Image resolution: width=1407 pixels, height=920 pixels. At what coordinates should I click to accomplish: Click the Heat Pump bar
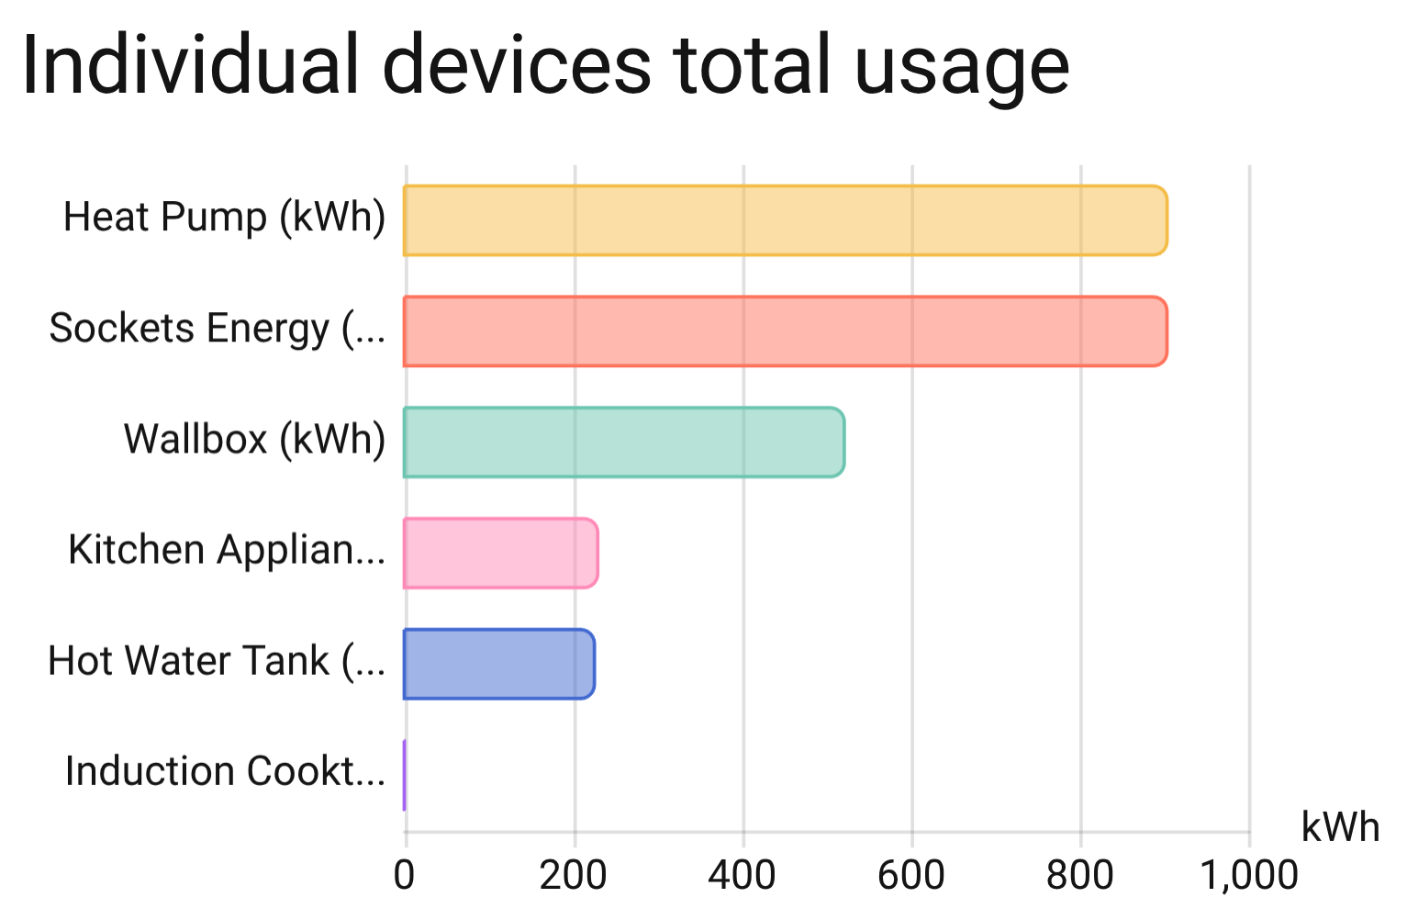(785, 220)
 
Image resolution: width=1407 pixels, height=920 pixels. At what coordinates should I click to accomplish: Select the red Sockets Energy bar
(785, 331)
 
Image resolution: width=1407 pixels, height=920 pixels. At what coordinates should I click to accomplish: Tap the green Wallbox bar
(624, 443)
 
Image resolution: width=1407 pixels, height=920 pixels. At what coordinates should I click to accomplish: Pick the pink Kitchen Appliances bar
(501, 553)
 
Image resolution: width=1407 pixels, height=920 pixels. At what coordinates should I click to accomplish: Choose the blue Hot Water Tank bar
(499, 664)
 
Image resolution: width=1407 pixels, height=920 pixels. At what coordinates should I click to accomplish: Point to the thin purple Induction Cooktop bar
(404, 775)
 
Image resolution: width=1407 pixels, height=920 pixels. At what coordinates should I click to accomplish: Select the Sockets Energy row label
(217, 329)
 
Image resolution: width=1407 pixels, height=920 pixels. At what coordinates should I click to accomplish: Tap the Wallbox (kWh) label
(254, 440)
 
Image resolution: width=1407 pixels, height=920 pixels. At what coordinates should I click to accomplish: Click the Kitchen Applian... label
(226, 550)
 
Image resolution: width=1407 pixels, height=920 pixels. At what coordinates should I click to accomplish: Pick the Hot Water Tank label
(217, 661)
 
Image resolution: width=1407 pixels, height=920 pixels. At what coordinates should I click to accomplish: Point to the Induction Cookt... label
(225, 771)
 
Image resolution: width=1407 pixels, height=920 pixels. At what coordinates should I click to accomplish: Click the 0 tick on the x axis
(404, 875)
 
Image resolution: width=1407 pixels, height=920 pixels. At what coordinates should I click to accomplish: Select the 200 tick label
(573, 875)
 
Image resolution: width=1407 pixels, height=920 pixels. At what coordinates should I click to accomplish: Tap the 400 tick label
(742, 875)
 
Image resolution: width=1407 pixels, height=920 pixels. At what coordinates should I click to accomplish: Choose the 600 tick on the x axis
(910, 875)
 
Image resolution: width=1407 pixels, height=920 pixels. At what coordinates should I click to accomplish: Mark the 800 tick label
(1079, 875)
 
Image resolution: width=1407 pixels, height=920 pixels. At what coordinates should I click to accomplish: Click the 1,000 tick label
(1248, 875)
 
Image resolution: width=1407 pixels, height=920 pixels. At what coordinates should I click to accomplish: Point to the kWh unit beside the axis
(1340, 827)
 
